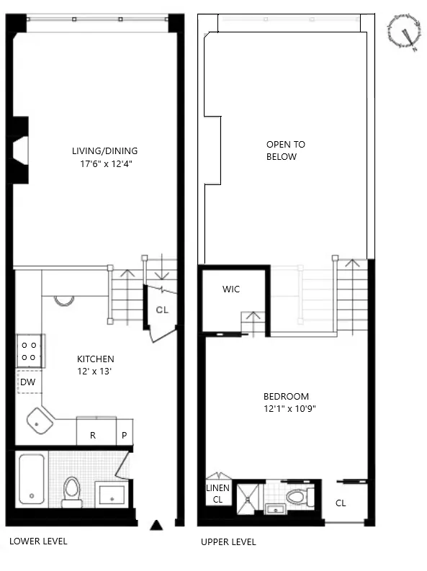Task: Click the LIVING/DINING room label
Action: (x=104, y=151)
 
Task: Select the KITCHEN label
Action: (x=96, y=359)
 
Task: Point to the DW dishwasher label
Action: (x=27, y=382)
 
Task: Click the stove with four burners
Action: (x=30, y=351)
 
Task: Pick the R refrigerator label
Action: (x=93, y=435)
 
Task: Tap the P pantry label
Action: (x=124, y=435)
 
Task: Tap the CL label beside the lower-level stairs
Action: (x=162, y=310)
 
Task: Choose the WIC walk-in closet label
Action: (x=231, y=289)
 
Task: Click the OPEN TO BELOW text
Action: (x=281, y=150)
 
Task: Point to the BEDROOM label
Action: (x=286, y=397)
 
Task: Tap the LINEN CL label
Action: (x=217, y=494)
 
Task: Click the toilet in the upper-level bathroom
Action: (x=298, y=496)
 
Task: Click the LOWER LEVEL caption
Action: (x=38, y=541)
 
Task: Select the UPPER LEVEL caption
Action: (x=228, y=542)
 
